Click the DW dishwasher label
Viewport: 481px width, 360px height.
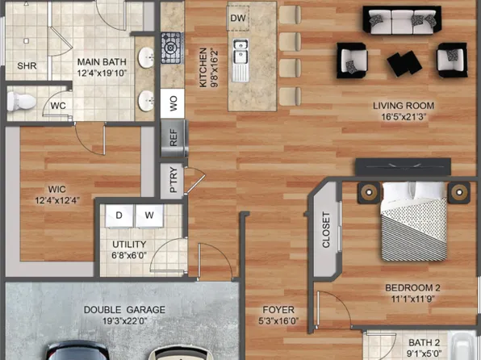[237, 18]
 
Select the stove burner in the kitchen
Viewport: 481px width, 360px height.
[170, 47]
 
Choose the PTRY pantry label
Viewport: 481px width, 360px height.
[173, 181]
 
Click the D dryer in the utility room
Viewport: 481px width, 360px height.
[119, 216]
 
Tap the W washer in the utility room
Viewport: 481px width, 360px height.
[149, 216]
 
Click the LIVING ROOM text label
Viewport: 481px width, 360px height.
[404, 106]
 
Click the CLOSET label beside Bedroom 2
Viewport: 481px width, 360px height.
[326, 230]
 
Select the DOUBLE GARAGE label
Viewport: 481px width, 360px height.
[124, 309]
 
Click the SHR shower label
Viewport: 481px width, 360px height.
[27, 66]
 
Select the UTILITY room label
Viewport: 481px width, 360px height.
[129, 245]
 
